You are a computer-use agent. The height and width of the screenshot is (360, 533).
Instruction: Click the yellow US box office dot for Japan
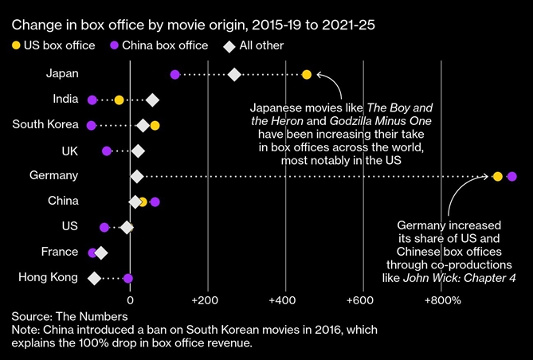click(307, 75)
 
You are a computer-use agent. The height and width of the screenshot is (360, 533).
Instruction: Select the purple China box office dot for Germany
click(511, 176)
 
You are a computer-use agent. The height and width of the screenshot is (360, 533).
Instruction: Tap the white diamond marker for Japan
click(234, 75)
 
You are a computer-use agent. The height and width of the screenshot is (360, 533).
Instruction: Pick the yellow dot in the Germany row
click(497, 176)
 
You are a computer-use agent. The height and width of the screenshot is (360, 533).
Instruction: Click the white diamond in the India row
click(152, 100)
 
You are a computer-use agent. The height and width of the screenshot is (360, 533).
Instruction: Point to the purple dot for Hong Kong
click(128, 279)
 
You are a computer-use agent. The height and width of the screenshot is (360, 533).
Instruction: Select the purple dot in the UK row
click(107, 151)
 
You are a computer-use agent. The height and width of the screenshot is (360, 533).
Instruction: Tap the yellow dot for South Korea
click(155, 125)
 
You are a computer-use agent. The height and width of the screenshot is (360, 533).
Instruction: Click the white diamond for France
click(101, 252)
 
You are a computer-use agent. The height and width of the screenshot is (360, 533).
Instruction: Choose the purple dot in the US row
click(104, 227)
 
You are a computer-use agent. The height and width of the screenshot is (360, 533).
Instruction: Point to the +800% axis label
click(442, 300)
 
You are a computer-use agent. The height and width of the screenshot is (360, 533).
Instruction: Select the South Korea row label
click(45, 124)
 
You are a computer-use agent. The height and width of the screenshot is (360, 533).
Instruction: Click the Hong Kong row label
click(49, 277)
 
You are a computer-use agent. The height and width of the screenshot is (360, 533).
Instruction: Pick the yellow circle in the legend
click(18, 45)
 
